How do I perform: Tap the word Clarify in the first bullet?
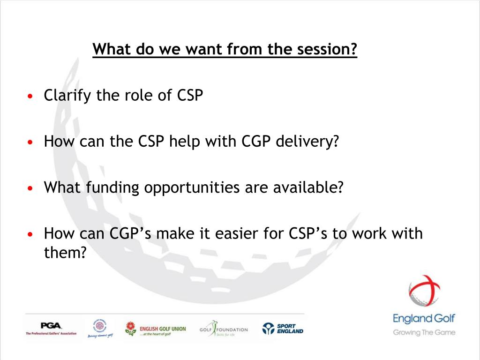click(68, 96)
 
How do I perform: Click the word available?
click(305, 187)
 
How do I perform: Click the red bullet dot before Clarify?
click(30, 97)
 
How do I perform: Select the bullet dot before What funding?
click(30, 189)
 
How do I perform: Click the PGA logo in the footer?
click(51, 328)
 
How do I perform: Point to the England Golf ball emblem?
click(424, 291)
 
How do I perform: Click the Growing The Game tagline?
click(424, 332)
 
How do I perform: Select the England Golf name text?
click(424, 319)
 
